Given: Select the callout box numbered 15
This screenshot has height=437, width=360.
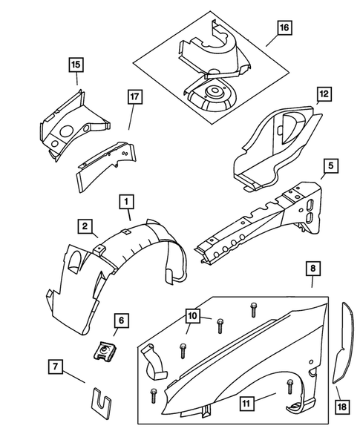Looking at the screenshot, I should pyautogui.click(x=75, y=65).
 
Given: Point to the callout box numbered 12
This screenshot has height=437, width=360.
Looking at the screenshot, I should pyautogui.click(x=323, y=94).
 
